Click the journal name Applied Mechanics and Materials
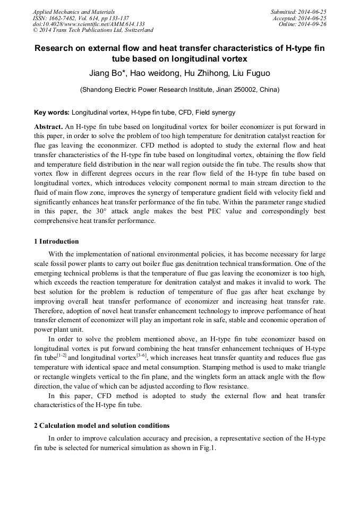click(74, 12)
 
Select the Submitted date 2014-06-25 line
click(298, 12)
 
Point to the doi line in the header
click(89, 24)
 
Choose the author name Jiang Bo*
click(107, 73)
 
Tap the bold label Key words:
click(52, 113)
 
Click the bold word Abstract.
click(48, 127)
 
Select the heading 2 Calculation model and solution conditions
click(102, 426)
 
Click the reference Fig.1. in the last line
click(205, 448)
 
